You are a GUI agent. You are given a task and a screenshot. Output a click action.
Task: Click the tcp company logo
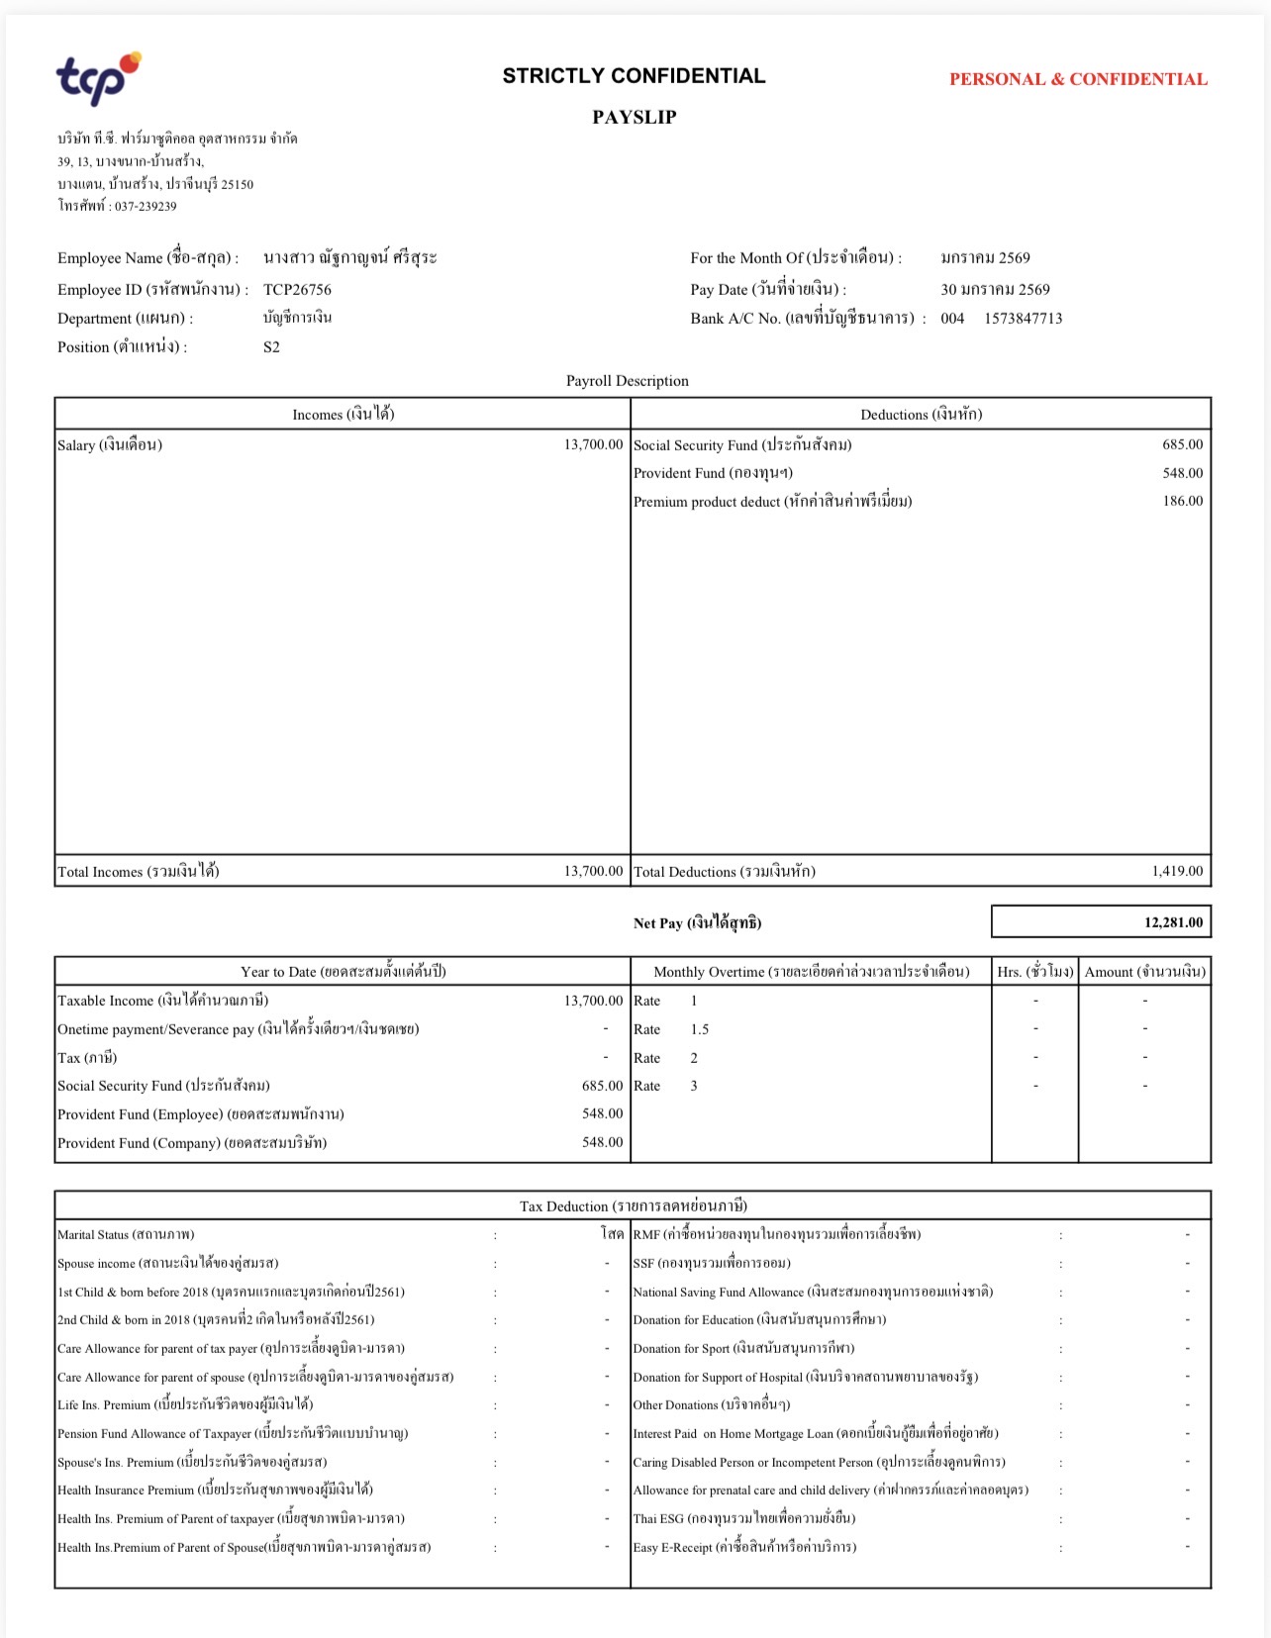pos(97,78)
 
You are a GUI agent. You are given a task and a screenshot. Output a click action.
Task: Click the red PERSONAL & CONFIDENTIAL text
pos(1078,79)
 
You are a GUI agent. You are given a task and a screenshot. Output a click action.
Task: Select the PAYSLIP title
pos(634,117)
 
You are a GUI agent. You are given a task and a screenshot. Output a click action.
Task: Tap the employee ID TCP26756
pos(297,289)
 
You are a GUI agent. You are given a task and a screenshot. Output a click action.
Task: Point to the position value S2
pos(271,347)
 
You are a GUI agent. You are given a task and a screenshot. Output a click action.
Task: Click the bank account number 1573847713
pos(1023,319)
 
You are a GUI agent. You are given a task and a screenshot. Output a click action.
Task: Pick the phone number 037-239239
pos(145,207)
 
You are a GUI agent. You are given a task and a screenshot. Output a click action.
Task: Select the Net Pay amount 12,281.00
pos(1173,922)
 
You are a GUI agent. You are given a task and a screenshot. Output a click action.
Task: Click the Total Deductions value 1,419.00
pos(1177,871)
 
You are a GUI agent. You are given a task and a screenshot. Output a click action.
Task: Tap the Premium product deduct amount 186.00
pos(1182,501)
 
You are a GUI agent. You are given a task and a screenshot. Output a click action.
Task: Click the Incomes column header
pos(342,414)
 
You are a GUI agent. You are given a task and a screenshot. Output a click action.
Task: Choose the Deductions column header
pos(921,414)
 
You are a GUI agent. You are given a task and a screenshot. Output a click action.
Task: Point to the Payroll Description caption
pos(627,381)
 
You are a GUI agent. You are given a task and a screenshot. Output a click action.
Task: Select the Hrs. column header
pos(1034,971)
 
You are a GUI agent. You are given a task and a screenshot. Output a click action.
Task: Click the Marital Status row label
pos(126,1234)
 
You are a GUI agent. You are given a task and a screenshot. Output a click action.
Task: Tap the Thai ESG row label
pos(744,1518)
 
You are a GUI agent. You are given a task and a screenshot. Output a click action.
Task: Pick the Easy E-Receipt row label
pos(744,1547)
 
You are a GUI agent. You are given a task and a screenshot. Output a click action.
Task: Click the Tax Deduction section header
pos(633,1205)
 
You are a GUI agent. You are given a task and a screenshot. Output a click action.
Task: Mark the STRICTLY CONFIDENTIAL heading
pos(634,76)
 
